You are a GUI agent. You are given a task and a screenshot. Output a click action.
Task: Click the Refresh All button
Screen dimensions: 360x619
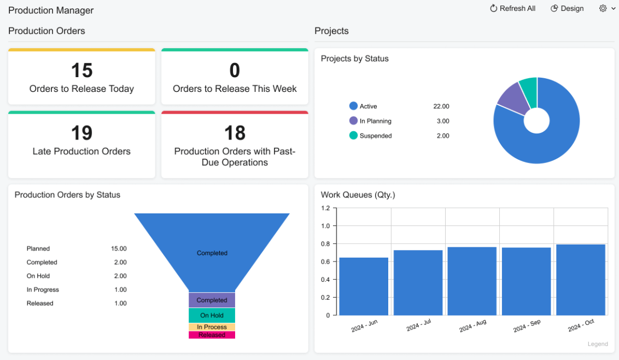click(x=512, y=9)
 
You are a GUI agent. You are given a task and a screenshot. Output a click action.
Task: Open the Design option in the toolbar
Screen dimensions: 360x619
click(x=567, y=9)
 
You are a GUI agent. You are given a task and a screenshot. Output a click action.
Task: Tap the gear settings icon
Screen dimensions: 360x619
click(x=603, y=9)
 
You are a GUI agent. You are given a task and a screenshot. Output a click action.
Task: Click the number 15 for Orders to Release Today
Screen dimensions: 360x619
click(x=81, y=71)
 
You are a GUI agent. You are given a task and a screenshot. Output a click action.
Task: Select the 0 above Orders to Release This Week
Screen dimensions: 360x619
click(x=235, y=71)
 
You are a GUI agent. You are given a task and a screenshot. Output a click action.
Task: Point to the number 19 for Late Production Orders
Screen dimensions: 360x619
click(x=81, y=133)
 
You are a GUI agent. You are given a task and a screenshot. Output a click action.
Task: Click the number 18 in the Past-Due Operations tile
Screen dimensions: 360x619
click(x=235, y=133)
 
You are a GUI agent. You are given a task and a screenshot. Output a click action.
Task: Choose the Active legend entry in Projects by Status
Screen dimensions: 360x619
click(x=368, y=107)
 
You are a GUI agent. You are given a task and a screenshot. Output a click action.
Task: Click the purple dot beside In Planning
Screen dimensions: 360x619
click(x=353, y=121)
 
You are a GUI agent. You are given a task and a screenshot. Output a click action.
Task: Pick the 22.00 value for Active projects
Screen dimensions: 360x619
click(x=441, y=107)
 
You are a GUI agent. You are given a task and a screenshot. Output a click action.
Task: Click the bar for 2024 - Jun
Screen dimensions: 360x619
click(x=364, y=286)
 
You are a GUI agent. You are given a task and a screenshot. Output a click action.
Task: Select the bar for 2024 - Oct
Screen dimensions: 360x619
click(x=581, y=280)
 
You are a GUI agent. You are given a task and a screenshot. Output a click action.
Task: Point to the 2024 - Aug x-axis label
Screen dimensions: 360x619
click(x=473, y=326)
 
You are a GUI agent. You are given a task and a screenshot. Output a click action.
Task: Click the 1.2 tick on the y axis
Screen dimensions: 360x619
click(x=325, y=208)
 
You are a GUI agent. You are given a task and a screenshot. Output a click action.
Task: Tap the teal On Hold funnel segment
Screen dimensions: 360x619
click(x=212, y=315)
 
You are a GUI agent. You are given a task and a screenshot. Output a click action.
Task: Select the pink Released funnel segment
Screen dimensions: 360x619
click(x=212, y=335)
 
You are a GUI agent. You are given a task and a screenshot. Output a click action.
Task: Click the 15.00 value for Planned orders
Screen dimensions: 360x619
click(x=119, y=249)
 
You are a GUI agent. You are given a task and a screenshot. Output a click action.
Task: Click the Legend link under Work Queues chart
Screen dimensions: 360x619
click(x=597, y=344)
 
